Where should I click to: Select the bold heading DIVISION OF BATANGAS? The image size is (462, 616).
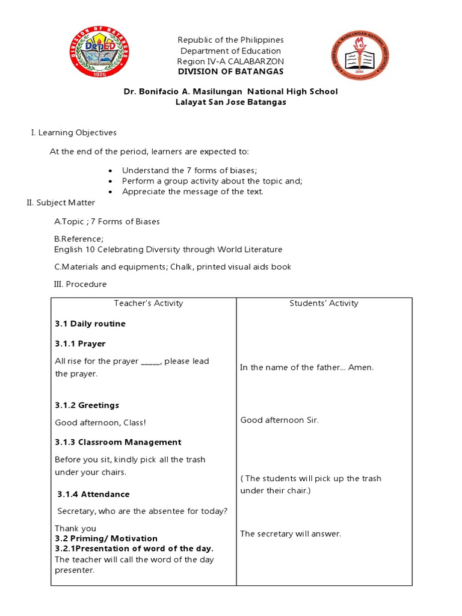(x=230, y=72)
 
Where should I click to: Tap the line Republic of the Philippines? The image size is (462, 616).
(x=230, y=40)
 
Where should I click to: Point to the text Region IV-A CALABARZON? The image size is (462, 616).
(x=230, y=61)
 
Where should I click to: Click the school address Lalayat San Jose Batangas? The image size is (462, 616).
(x=230, y=102)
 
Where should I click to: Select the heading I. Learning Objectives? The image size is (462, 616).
(x=73, y=132)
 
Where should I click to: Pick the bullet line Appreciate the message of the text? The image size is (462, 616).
(x=192, y=192)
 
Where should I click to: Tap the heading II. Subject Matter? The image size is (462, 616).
(x=61, y=203)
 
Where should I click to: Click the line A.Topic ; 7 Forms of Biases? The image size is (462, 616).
(x=107, y=221)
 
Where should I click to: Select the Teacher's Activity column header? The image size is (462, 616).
(x=148, y=303)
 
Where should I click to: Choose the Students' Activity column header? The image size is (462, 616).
(x=324, y=303)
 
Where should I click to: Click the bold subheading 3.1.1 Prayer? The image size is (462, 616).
(x=80, y=343)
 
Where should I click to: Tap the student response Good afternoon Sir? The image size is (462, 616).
(x=280, y=420)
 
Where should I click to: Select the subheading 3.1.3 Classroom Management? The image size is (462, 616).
(x=118, y=442)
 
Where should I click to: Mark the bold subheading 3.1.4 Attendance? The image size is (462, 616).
(x=93, y=494)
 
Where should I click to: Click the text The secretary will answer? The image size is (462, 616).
(x=291, y=534)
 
